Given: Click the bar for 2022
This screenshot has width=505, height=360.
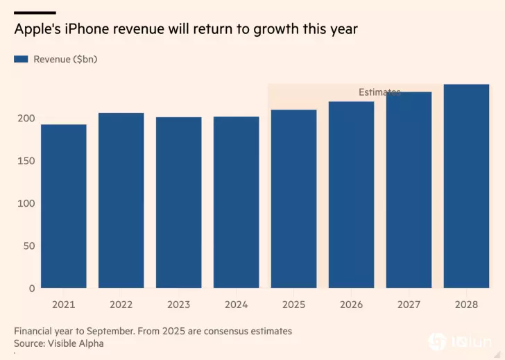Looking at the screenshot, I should coord(121,200).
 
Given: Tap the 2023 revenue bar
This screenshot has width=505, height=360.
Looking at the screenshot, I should coord(178,203).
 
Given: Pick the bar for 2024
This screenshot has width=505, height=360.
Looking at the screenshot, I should coord(236,202).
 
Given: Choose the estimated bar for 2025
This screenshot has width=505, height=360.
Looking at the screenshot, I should coord(293,199).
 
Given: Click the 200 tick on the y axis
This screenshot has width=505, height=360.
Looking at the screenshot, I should coord(26,119).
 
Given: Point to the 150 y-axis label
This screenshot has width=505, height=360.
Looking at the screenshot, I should coord(26,161).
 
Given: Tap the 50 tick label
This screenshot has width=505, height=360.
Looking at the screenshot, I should coord(28,246).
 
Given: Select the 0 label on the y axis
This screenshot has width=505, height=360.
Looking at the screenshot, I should coord(31,288).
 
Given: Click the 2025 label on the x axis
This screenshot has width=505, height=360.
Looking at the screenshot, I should coord(293,304).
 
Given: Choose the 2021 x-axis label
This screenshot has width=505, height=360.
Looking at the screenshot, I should coord(63,304).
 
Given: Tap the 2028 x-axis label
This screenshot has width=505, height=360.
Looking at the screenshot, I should coord(466,304).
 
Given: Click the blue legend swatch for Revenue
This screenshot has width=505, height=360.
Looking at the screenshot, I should coord(20,60).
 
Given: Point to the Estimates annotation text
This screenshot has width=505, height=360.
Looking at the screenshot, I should coord(379,92).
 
